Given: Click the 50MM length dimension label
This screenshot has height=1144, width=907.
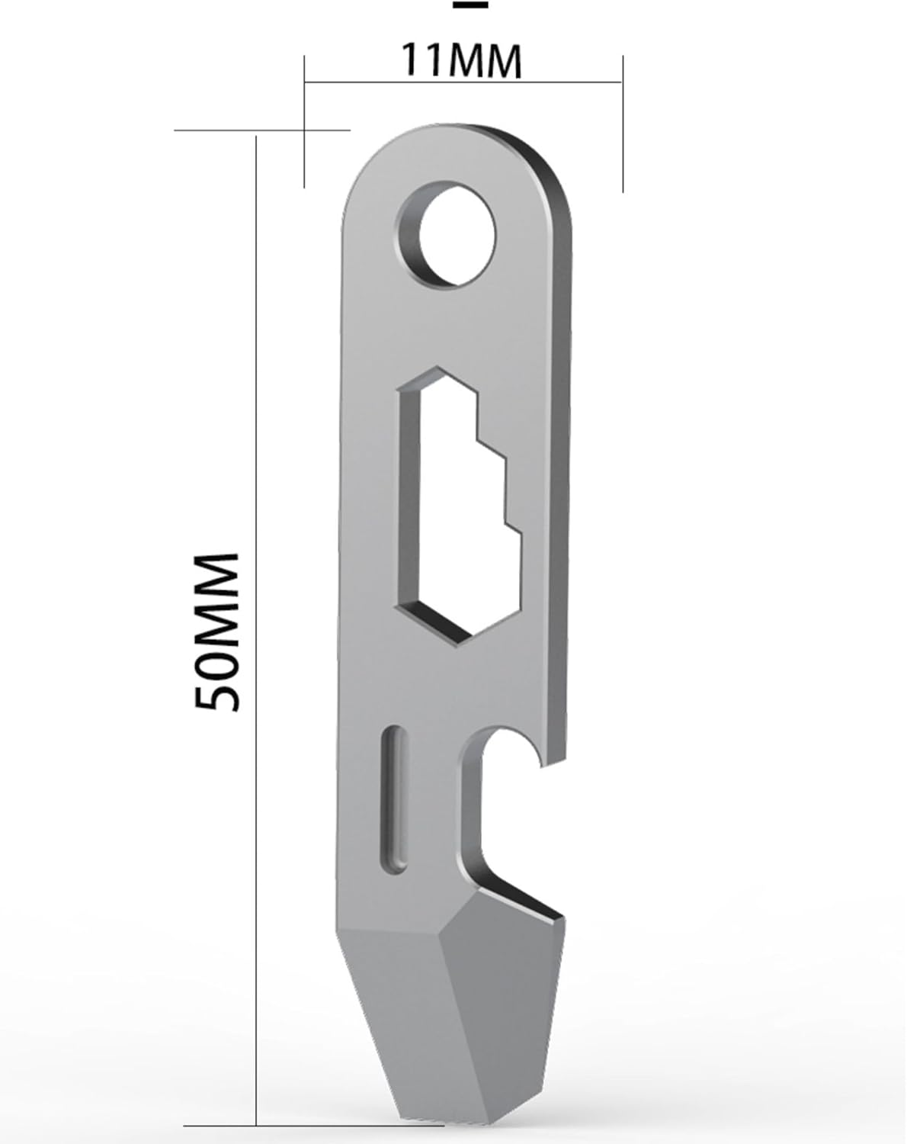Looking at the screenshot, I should click(x=217, y=631).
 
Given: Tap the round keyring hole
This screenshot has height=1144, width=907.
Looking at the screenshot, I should click(x=447, y=234).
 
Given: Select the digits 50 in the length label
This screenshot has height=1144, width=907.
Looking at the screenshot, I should click(x=217, y=683).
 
